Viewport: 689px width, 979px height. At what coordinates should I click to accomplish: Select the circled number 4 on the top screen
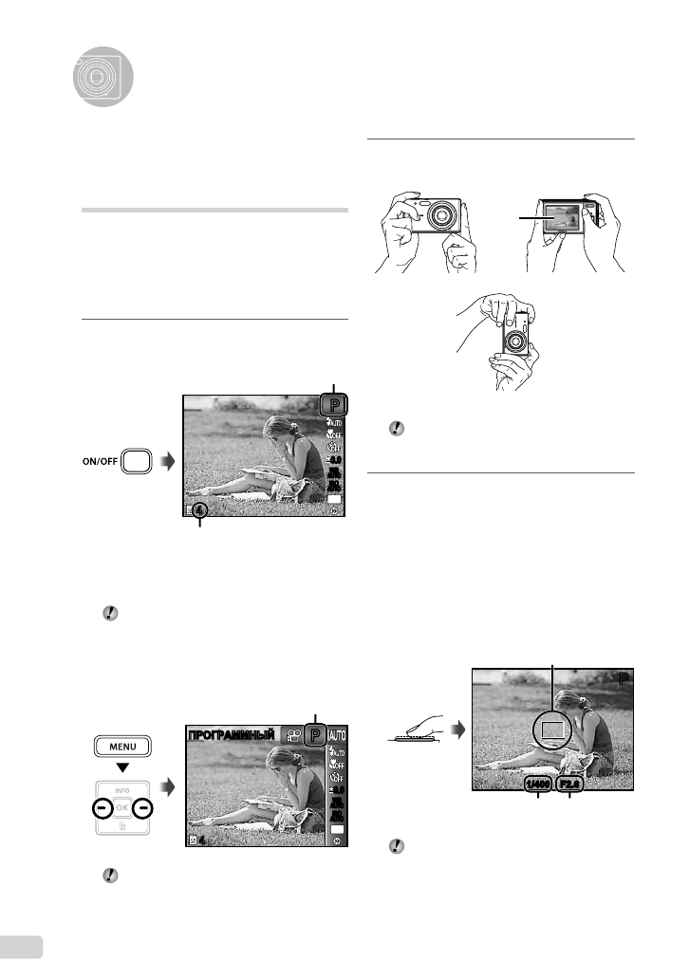click(200, 514)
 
